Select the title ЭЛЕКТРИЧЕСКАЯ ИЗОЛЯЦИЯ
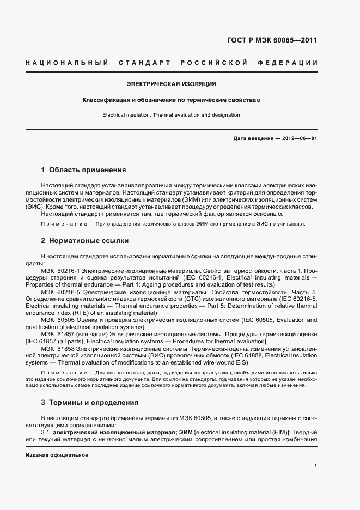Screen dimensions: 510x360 click(x=172, y=84)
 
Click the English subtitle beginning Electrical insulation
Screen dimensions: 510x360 click(x=172, y=115)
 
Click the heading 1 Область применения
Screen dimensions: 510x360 click(x=83, y=170)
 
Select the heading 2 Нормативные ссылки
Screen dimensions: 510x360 click(x=84, y=240)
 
